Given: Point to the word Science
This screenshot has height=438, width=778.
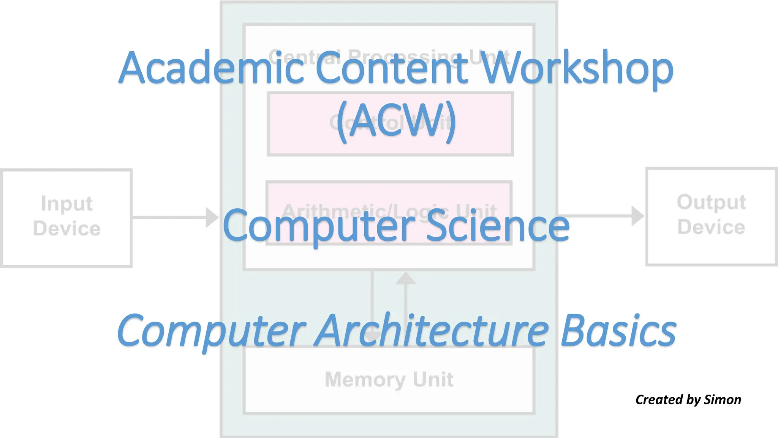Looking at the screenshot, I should pyautogui.click(x=498, y=227).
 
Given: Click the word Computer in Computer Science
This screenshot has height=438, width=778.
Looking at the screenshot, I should pyautogui.click(x=319, y=227).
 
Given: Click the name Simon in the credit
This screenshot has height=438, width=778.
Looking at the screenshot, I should pyautogui.click(x=723, y=400).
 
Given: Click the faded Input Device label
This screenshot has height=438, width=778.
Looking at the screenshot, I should pyautogui.click(x=67, y=216).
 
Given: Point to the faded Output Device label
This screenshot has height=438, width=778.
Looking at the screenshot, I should pyautogui.click(x=711, y=214).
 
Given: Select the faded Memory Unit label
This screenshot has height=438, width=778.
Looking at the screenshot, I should pyautogui.click(x=389, y=379).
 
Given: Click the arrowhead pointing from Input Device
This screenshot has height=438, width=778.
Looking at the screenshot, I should pyautogui.click(x=211, y=217).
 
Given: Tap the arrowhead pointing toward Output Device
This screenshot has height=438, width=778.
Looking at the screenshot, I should pyautogui.click(x=637, y=216).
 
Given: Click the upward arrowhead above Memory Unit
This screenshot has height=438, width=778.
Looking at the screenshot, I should pyautogui.click(x=406, y=279).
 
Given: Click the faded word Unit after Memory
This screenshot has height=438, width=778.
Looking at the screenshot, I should pyautogui.click(x=433, y=379).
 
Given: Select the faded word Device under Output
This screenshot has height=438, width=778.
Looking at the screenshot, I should pyautogui.click(x=711, y=227).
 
